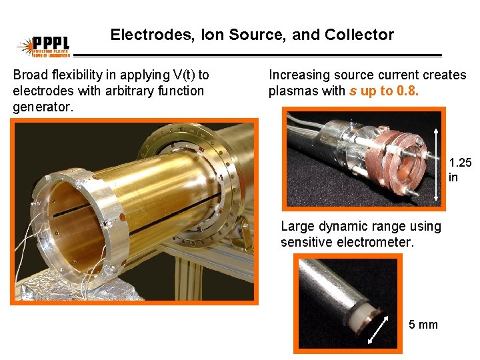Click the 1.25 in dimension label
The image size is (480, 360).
coord(459,169)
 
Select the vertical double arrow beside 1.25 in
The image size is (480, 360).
coord(437,156)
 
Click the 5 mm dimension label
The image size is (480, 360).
coord(423,325)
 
